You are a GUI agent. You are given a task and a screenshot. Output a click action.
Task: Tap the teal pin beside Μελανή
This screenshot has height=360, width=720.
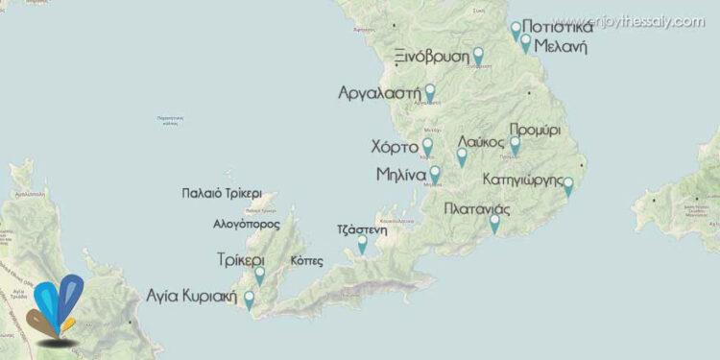[525, 41]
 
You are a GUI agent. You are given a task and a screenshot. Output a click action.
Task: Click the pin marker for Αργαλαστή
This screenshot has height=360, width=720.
[429, 92]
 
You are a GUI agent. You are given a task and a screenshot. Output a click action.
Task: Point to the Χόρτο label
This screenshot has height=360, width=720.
[394, 148]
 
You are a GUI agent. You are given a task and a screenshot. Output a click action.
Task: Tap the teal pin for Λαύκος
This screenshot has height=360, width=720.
[462, 156]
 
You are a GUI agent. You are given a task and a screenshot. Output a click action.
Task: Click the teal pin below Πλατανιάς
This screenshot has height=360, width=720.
[494, 223]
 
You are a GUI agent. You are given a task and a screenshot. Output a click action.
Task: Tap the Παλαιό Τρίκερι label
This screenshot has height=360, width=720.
[222, 193]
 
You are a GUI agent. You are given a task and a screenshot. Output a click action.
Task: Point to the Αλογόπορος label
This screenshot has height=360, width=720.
[247, 224]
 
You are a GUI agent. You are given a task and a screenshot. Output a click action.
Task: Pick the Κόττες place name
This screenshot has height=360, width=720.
[306, 261]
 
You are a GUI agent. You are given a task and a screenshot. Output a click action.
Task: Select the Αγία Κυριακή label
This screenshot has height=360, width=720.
[192, 295]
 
